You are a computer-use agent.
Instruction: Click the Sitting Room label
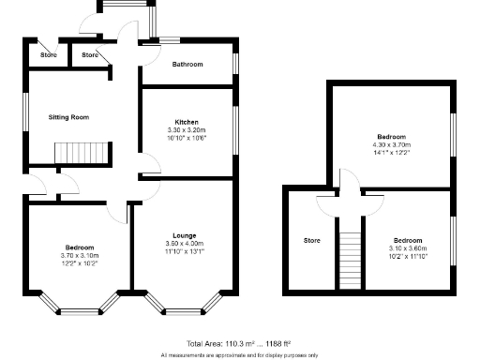[68, 117]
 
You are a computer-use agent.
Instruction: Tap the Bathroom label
[187, 65]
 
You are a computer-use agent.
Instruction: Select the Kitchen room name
[186, 122]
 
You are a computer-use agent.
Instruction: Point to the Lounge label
[184, 234]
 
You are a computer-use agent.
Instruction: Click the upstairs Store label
[312, 240]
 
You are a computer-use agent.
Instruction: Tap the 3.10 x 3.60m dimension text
[408, 247]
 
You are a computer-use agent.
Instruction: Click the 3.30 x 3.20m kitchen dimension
[186, 129]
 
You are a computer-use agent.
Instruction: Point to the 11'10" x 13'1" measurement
[184, 250]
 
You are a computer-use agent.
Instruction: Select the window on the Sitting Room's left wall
[26, 117]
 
